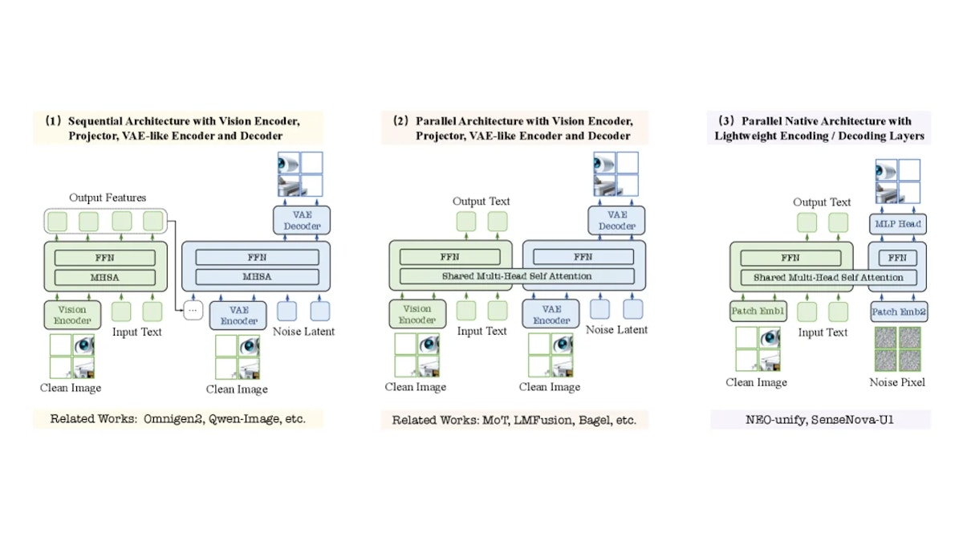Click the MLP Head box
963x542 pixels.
[898, 224]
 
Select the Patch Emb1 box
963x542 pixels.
[758, 311]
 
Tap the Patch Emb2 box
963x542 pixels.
[899, 312]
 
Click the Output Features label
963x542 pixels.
[108, 198]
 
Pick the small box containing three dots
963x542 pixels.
[193, 310]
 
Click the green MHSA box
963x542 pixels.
[105, 278]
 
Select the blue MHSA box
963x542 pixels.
[257, 276]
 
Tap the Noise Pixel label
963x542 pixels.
[897, 382]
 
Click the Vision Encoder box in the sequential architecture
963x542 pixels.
[72, 315]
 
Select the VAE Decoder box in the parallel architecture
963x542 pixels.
[616, 220]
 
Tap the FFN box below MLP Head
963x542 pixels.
[898, 258]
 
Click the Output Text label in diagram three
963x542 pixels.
[822, 202]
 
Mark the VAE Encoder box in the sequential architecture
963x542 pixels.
[238, 316]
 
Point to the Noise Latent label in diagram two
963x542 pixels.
[616, 329]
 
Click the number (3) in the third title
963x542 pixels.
[726, 121]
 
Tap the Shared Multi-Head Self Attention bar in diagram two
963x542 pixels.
[517, 276]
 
